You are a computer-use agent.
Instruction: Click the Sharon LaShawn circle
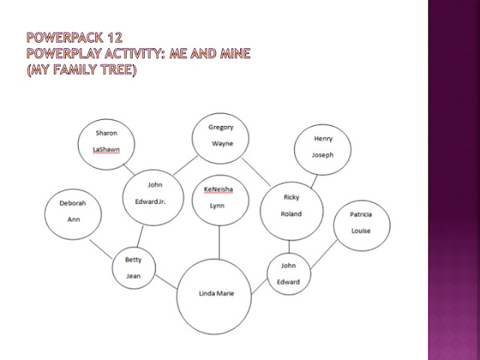click(x=106, y=141)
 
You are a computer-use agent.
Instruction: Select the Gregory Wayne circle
click(x=220, y=135)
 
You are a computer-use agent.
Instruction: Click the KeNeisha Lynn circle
click(x=218, y=198)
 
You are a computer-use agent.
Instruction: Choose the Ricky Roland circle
click(x=291, y=207)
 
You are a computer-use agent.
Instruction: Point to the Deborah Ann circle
click(x=73, y=212)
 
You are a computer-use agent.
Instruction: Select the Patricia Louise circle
click(x=361, y=223)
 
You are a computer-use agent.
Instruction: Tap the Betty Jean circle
click(x=133, y=268)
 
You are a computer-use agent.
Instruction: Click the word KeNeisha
click(x=218, y=190)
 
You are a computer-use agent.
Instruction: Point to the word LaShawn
click(x=106, y=149)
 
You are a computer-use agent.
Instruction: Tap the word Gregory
click(x=220, y=127)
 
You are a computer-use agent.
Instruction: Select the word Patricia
click(x=361, y=214)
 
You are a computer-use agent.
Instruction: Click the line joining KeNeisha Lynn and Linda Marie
click(x=218, y=241)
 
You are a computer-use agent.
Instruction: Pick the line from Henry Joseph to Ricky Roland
click(x=310, y=180)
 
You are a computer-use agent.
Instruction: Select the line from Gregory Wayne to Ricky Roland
click(x=256, y=171)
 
